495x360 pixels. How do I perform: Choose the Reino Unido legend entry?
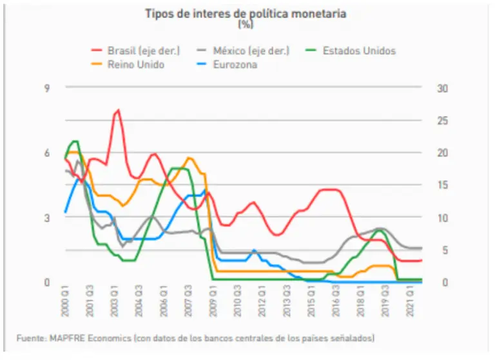coord(135,64)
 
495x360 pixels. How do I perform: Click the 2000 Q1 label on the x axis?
coord(65,301)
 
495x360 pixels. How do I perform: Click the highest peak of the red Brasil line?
coord(118,110)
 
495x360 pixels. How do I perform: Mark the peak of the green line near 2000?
coord(75,141)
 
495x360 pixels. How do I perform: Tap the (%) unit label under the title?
coord(246,24)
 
